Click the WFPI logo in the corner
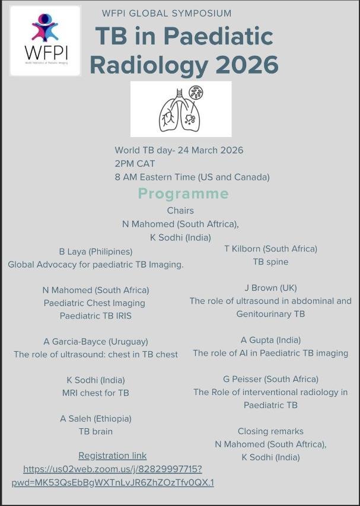point(45,40)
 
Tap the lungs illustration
point(181,109)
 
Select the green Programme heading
point(183,193)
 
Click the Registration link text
point(112,456)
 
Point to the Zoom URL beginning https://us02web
point(113,469)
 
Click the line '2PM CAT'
point(135,164)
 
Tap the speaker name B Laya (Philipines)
point(95,252)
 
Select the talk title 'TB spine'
point(270,262)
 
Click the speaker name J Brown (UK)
point(270,288)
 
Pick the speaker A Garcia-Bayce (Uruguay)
point(95,341)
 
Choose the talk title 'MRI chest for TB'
point(95,393)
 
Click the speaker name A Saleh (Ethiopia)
point(95,418)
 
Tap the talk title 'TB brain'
point(95,431)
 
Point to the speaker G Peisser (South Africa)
point(270,379)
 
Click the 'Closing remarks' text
point(270,431)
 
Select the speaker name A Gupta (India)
point(270,340)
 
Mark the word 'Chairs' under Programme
point(180,211)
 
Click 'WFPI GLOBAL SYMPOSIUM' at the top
point(167,13)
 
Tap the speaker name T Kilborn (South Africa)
point(270,249)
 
